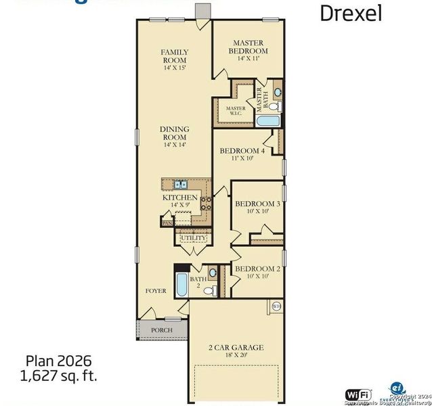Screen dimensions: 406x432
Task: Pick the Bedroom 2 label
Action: point(257,272)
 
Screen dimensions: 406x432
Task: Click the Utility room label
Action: point(193,238)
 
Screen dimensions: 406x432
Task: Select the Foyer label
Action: point(156,291)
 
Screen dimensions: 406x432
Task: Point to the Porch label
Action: point(161,330)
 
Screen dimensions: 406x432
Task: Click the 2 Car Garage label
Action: point(236,351)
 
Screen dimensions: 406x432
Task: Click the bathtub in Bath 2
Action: point(181,287)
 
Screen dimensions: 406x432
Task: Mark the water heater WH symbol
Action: point(276,307)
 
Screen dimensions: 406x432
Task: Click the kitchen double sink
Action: point(181,183)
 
